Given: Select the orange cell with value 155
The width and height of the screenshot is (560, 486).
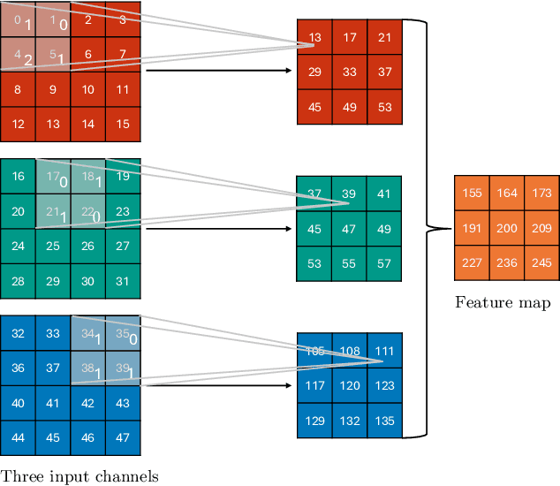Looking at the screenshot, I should coord(472,193).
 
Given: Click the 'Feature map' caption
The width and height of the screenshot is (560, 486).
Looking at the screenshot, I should coord(503,303).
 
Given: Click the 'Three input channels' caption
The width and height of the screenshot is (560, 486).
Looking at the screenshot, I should coord(79,476).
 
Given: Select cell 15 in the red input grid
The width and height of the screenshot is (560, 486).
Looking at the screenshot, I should coord(123,124).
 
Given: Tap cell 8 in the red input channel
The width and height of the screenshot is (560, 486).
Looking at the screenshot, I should coord(18,89).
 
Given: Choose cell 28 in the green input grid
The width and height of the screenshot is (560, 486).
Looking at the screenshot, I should coord(19,280).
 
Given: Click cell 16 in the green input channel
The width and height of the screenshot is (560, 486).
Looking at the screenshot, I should coord(19,176).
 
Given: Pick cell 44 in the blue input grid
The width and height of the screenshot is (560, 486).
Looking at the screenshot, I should coord(19,437).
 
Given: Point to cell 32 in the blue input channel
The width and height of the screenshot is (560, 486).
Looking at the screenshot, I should coord(19,333).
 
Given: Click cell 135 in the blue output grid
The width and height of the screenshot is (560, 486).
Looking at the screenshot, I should coord(384,421).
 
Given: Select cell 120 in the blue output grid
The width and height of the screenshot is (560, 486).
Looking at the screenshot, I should coord(350,385).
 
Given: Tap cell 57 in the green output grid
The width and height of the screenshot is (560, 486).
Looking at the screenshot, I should coord(383,263).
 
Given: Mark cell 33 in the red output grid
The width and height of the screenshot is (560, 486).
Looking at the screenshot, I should coord(350,71).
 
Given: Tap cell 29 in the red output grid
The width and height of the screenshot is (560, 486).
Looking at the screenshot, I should coord(315,71).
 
